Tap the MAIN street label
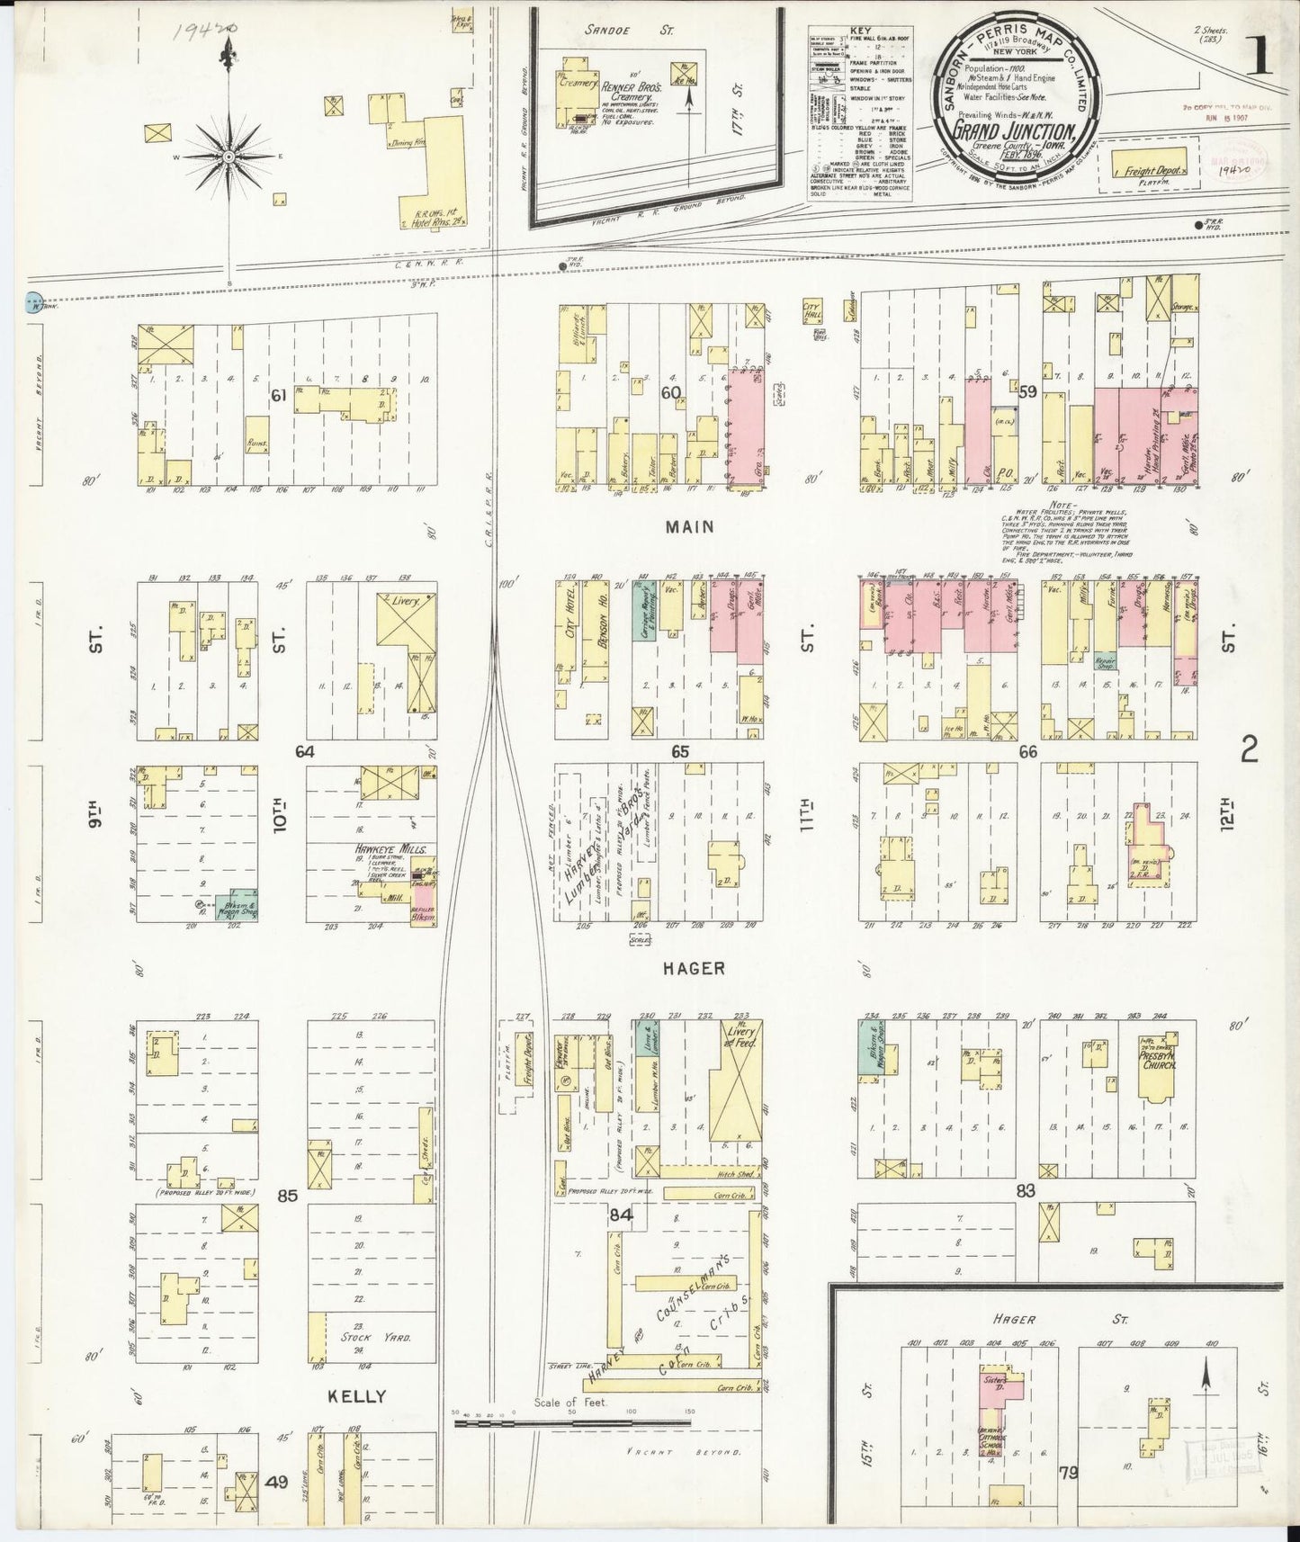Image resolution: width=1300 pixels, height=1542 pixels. click(690, 526)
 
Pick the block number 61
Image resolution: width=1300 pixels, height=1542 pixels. click(279, 393)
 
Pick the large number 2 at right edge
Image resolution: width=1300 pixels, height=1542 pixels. click(1250, 749)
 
